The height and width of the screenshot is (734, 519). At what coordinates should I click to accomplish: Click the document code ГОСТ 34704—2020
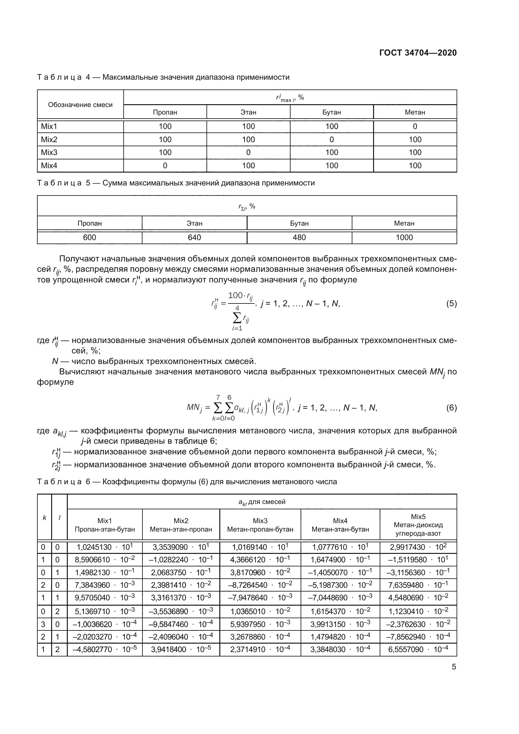418,53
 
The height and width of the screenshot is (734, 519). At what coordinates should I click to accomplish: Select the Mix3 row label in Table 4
49,153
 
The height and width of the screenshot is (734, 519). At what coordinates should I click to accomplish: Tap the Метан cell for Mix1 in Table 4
415,126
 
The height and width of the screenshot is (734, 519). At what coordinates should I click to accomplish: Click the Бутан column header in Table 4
331,112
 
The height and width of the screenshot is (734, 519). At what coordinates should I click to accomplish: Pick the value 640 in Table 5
194,237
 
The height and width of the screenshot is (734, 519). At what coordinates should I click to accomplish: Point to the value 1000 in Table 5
404,237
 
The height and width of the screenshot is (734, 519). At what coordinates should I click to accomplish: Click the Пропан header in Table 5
89,223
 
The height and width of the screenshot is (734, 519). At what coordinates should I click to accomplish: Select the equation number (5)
451,303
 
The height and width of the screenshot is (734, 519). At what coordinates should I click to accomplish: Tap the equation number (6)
451,408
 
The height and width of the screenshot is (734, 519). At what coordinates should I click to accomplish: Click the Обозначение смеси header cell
80,105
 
